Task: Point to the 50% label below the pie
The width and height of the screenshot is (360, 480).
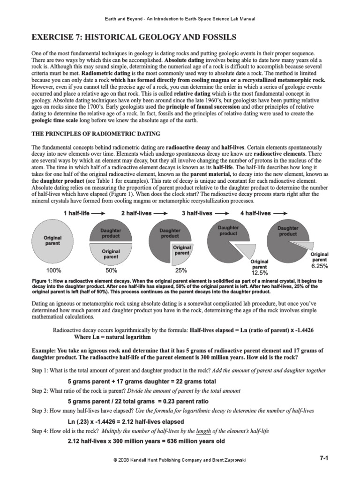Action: pos(112,270)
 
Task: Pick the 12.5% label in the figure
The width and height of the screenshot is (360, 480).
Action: pos(259,272)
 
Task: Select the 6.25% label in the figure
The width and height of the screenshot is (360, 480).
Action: pos(319,266)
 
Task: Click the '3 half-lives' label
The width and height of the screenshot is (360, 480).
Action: pos(197,213)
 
